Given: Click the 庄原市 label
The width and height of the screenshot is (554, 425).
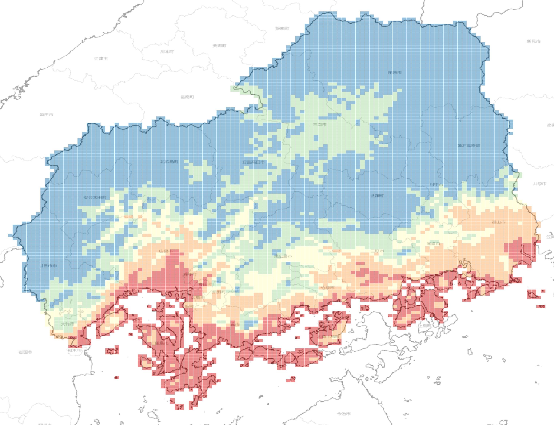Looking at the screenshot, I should click(394, 73).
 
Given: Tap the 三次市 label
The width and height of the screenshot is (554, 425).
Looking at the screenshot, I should click(320, 124).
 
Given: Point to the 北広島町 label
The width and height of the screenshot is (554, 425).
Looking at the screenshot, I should click(169, 162).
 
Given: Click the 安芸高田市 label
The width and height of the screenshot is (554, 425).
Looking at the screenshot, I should click(254, 162).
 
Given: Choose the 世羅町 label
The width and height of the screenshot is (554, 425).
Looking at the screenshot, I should click(377, 196).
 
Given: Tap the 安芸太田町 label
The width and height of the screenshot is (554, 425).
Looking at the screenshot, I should click(95, 197).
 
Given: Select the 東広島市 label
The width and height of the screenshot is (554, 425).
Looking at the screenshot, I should click(283, 256).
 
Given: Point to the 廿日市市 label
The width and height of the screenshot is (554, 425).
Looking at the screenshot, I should click(48, 266).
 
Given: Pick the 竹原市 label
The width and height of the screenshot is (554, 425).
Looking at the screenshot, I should click(327, 288).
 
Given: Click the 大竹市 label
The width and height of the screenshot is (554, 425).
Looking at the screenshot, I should click(67, 324).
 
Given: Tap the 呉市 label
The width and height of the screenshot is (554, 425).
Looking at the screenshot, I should click(235, 324).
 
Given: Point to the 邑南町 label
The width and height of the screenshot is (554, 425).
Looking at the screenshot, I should click(187, 97).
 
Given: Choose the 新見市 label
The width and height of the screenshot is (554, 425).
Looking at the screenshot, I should click(533, 41).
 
